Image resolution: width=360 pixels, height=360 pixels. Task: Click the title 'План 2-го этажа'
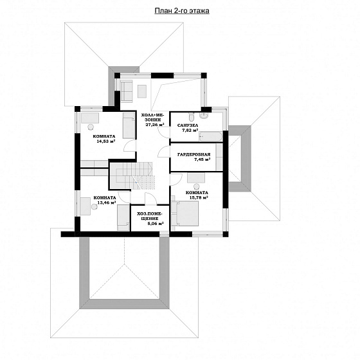pos(182,11)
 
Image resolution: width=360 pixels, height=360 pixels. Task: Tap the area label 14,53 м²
pos(106,141)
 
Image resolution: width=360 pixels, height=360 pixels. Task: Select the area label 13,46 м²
pos(106,203)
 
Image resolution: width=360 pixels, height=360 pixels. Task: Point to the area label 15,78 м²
pos(199,197)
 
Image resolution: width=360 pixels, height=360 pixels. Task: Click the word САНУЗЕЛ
pos(188,125)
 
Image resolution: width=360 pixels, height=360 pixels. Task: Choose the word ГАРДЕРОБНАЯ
pos(194,154)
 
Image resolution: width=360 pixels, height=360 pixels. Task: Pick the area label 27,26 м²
pos(155,125)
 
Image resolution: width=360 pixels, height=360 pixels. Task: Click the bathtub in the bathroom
pos(211,136)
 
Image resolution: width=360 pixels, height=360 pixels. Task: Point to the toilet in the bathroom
pos(191,116)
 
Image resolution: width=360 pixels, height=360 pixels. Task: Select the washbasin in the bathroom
pos(203,115)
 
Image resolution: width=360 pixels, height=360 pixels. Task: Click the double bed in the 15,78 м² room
pos(184,213)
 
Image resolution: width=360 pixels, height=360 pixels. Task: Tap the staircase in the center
pos(132,176)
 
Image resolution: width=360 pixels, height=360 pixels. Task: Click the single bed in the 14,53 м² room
pos(129,125)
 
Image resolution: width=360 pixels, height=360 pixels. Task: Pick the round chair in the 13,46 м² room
pos(94,206)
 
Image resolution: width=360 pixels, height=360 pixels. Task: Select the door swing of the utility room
pos(151,199)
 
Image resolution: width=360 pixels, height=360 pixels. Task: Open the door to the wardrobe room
pos(164,152)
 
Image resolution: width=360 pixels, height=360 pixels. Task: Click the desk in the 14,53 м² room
pos(90,118)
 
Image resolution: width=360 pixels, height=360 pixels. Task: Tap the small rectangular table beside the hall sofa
pos(142,91)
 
